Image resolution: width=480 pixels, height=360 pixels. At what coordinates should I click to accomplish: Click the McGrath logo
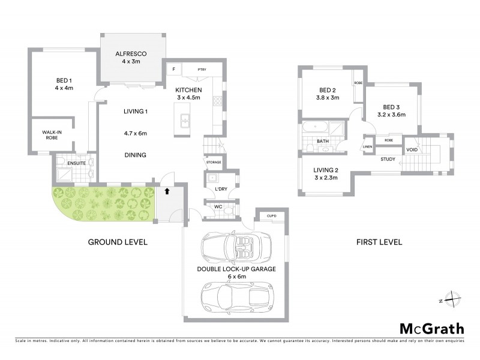pos(431,328)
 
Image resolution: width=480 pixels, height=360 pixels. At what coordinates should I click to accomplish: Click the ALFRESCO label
pos(131,53)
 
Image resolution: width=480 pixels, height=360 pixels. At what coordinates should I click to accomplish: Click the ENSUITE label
pos(76,162)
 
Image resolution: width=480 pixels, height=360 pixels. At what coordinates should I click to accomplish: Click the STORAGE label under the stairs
pos(214,163)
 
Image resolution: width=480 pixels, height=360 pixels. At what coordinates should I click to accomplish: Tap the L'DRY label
pos(220,190)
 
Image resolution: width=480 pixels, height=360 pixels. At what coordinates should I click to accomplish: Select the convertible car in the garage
pos(236,245)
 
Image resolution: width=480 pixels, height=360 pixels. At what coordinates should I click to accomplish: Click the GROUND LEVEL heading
pos(118,242)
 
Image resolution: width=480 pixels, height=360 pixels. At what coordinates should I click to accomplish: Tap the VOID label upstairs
pos(412,150)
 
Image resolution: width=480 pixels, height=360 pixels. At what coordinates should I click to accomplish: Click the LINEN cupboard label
pos(367,146)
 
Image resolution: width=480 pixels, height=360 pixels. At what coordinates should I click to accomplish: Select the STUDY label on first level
pos(388,159)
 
